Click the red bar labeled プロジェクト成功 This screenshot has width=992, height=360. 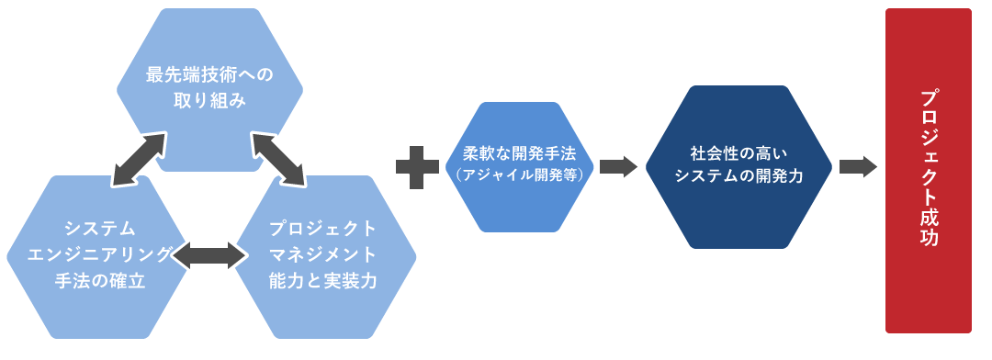(x=928, y=170)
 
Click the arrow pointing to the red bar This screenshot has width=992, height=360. (x=858, y=167)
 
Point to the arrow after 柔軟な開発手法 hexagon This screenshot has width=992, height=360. (x=618, y=166)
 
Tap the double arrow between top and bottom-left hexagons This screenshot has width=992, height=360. (x=139, y=158)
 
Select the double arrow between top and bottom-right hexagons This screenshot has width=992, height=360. (x=277, y=158)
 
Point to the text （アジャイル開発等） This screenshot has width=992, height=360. (x=520, y=174)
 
